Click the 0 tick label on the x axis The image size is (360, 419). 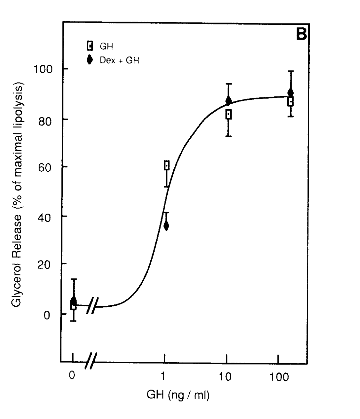pos(72,376)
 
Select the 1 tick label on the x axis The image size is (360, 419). pos(163,376)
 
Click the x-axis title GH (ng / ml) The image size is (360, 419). pos(178,395)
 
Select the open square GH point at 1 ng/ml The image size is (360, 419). pos(167,165)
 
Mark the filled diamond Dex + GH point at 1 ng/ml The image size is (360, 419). pos(166,226)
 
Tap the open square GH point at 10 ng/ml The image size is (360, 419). pos(228,114)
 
